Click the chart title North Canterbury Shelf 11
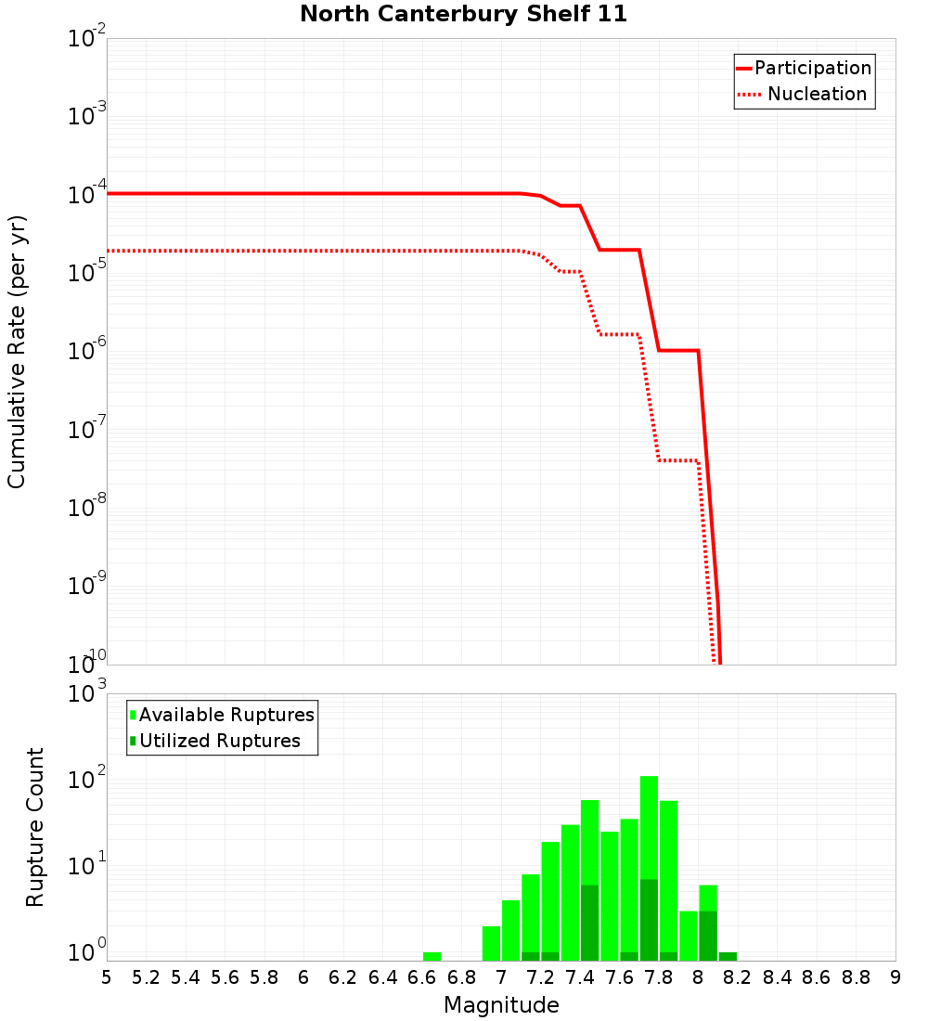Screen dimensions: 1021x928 pyautogui.click(x=463, y=14)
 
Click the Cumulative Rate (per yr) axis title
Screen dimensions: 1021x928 pyautogui.click(x=17, y=352)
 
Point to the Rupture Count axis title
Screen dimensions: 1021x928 pyautogui.click(x=35, y=827)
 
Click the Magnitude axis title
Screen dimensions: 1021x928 pyautogui.click(x=501, y=1005)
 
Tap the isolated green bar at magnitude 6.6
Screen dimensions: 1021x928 pyautogui.click(x=432, y=956)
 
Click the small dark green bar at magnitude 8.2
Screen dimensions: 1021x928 pyautogui.click(x=728, y=956)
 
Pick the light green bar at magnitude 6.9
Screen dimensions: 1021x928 pyautogui.click(x=491, y=943)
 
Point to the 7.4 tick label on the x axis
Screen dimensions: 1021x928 pyautogui.click(x=580, y=977)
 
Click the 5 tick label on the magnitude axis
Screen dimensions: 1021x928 pyautogui.click(x=107, y=977)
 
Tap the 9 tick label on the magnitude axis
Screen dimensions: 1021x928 pyautogui.click(x=895, y=977)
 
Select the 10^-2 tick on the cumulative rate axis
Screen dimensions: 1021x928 pyautogui.click(x=87, y=40)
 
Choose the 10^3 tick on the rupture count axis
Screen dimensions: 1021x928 pyautogui.click(x=87, y=694)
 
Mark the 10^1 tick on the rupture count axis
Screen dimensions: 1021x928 pyautogui.click(x=87, y=868)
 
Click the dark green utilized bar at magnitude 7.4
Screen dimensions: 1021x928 pyautogui.click(x=589, y=924)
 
